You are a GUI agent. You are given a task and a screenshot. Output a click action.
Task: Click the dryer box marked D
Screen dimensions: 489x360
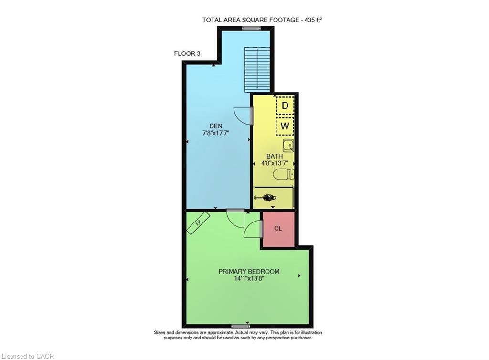point(285,106)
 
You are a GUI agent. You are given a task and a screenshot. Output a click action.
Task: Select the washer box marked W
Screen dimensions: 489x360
point(285,126)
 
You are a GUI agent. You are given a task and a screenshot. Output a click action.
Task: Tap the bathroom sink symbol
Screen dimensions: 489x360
point(288,146)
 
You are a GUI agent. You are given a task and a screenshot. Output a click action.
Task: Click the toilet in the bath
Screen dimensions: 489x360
point(283,174)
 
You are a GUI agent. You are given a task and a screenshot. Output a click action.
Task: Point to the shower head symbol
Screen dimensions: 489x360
point(266,197)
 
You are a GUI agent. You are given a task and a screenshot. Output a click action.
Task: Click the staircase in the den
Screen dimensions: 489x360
point(257,69)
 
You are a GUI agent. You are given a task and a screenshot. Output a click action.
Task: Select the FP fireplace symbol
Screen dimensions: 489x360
point(198,223)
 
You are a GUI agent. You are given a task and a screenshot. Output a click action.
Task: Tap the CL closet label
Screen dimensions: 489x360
point(278,229)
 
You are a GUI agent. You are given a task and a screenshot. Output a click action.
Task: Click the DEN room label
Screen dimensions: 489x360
point(216,126)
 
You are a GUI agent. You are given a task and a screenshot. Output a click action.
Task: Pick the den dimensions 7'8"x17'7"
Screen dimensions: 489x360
point(216,133)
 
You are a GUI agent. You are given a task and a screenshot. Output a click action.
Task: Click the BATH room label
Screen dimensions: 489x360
point(275,156)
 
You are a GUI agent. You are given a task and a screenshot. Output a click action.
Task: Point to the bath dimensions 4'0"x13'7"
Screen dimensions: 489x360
point(275,163)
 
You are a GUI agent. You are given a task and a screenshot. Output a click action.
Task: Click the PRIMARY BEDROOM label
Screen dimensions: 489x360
point(249,272)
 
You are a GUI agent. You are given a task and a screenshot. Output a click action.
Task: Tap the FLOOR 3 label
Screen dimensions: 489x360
point(187,53)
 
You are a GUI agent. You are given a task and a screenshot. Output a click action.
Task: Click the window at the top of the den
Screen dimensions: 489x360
point(252,28)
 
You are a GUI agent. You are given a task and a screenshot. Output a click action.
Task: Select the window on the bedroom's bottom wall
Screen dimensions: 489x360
point(241,326)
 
